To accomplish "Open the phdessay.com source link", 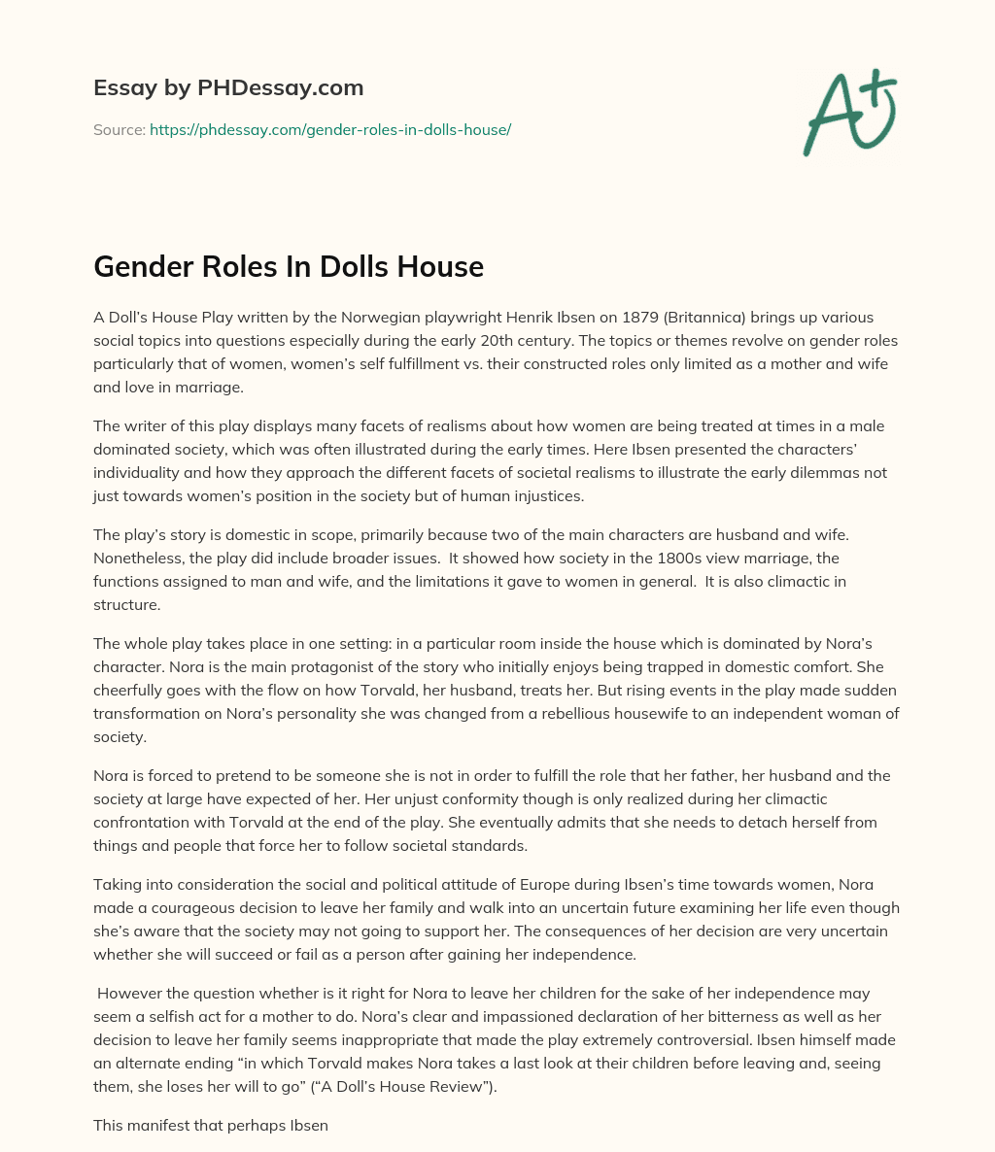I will coord(330,129).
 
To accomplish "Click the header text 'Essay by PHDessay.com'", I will coord(228,88).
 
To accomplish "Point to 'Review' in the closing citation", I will coord(460,1086).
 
